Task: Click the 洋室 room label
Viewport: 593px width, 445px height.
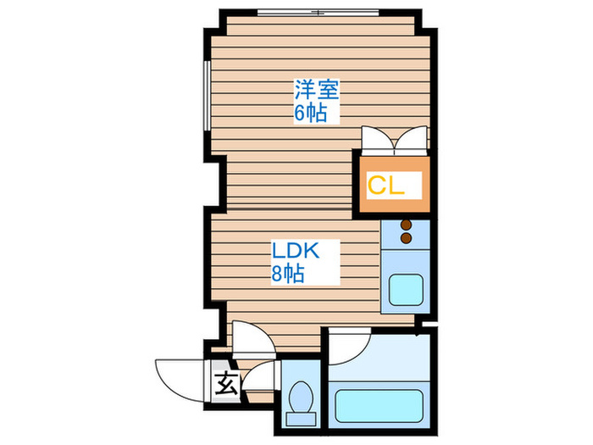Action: pyautogui.click(x=311, y=87)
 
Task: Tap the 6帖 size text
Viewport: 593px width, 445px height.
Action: pyautogui.click(x=311, y=112)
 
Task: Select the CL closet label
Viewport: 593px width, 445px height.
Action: pyautogui.click(x=385, y=186)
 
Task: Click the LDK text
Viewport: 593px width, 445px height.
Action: pyautogui.click(x=294, y=251)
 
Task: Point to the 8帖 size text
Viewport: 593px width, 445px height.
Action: pyautogui.click(x=288, y=274)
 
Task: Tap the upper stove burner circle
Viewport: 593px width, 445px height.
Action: pyautogui.click(x=405, y=225)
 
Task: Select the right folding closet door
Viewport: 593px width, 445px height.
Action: pyautogui.click(x=413, y=139)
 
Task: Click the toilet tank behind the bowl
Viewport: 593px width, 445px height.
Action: pyautogui.click(x=300, y=417)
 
